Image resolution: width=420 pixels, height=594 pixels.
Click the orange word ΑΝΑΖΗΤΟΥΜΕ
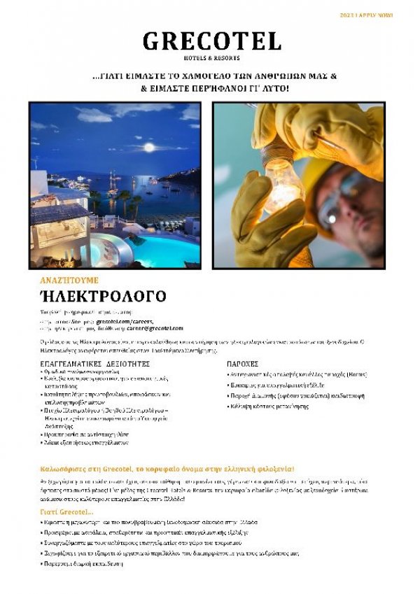tap(69, 280)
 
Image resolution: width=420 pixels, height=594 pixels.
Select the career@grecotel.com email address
tap(155, 328)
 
